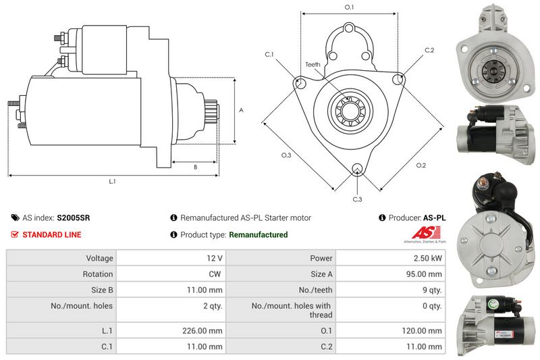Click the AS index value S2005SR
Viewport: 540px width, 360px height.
point(74,218)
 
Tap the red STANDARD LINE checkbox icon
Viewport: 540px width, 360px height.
point(15,234)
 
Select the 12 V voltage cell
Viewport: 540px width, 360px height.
point(215,258)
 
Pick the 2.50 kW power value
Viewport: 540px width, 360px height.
point(429,258)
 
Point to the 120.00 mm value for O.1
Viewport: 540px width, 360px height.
point(425,331)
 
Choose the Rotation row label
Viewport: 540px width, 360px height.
point(99,274)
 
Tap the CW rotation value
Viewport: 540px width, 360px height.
point(216,274)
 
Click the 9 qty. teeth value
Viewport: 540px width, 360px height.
point(431,290)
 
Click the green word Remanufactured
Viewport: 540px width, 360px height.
point(259,234)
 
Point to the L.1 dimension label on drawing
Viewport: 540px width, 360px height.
point(113,182)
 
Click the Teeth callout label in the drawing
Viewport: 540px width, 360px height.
point(313,64)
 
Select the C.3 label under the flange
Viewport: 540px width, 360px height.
point(358,199)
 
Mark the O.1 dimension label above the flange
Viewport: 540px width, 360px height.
point(350,7)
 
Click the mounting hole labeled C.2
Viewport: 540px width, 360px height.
point(398,79)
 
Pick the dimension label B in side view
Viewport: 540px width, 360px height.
point(195,167)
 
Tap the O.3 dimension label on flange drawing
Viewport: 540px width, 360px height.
point(286,155)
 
